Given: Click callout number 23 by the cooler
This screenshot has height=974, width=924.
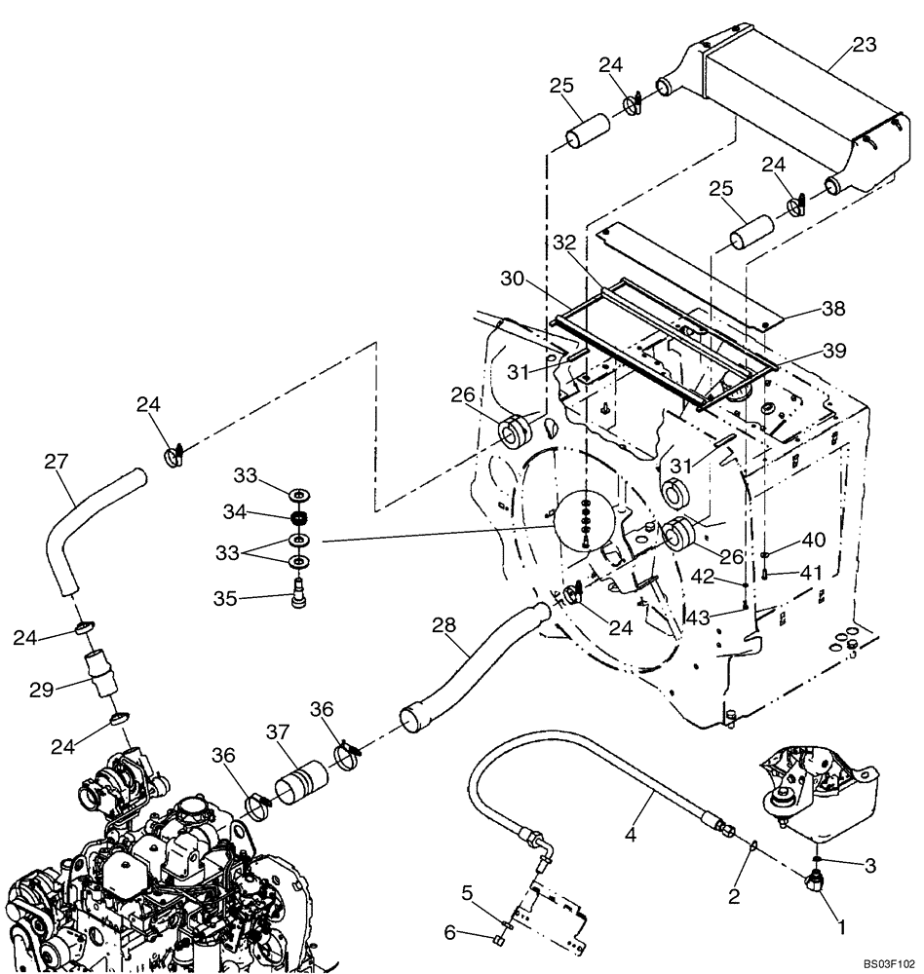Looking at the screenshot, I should [x=864, y=45].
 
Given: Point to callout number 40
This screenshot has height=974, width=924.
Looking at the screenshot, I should [x=813, y=538].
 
